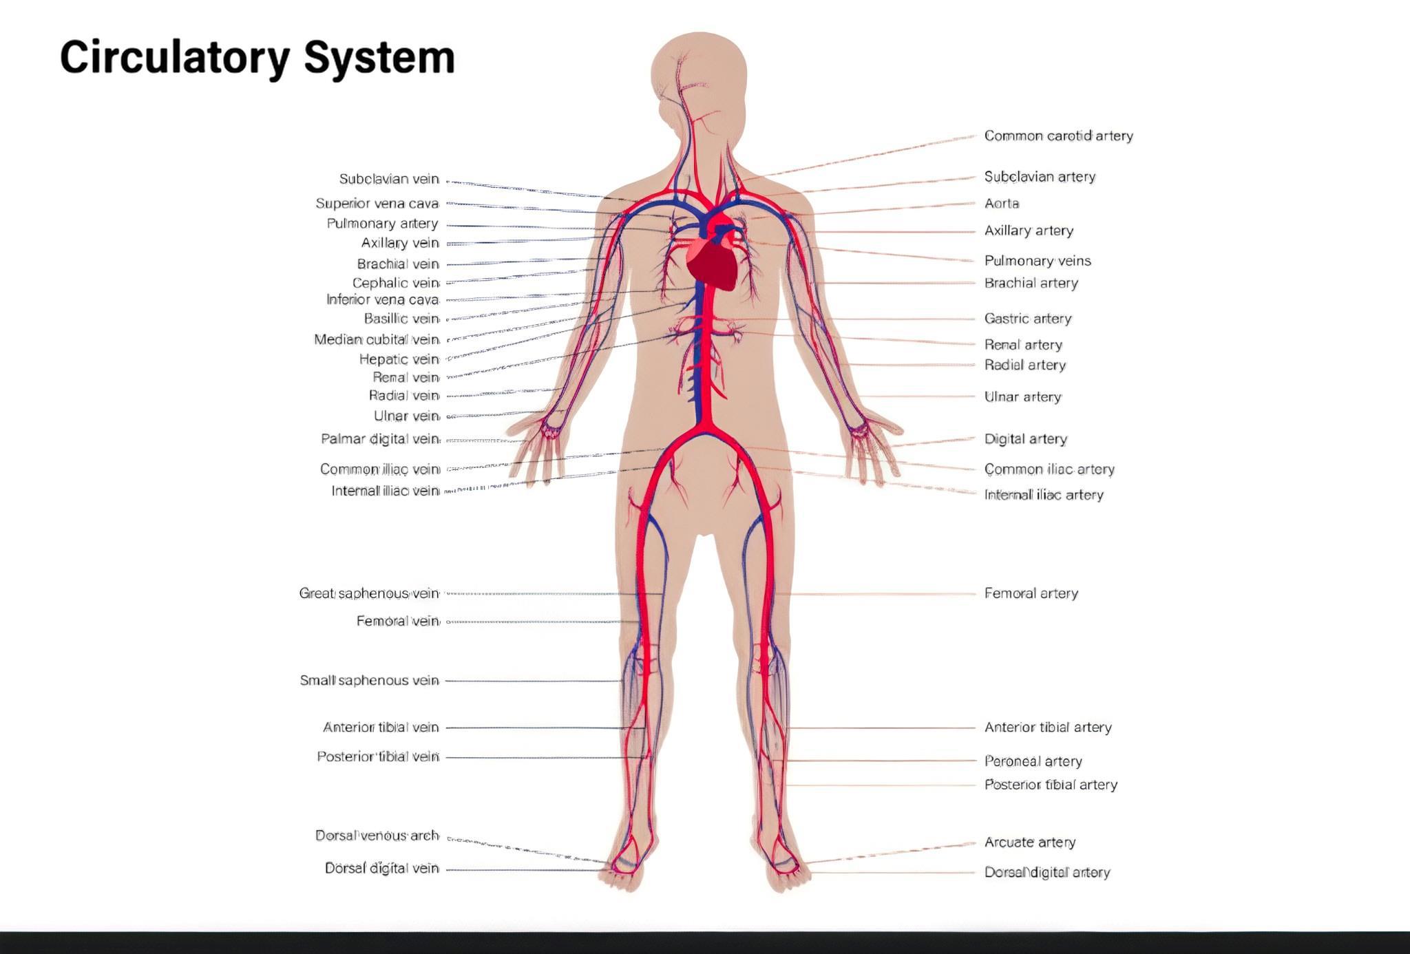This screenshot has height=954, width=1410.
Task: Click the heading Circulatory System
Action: click(257, 58)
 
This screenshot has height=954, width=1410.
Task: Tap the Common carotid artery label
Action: click(1058, 136)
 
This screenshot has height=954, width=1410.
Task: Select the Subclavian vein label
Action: click(389, 179)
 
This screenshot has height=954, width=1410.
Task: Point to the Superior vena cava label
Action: click(377, 204)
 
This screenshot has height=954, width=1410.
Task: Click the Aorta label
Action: click(1001, 204)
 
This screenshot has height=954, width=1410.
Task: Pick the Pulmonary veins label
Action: click(1038, 261)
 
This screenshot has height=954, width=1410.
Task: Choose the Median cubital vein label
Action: click(377, 339)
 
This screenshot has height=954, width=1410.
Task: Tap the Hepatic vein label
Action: click(399, 359)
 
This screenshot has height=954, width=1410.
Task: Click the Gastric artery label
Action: click(1028, 319)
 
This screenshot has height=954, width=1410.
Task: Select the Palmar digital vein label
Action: click(381, 439)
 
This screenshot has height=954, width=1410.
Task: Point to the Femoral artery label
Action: click(1031, 593)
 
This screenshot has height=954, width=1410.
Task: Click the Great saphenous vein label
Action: click(369, 593)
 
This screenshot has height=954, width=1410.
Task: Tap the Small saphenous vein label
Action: click(370, 681)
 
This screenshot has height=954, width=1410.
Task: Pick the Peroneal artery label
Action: click(1033, 761)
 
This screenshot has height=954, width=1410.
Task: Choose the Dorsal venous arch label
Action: click(377, 836)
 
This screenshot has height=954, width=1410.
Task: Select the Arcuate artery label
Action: click(1029, 842)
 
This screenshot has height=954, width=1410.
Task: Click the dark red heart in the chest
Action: click(713, 265)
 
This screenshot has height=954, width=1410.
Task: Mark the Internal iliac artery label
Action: click(1044, 495)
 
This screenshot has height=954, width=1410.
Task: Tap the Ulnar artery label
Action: click(1022, 397)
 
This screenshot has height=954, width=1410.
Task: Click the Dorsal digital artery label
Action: click(1047, 873)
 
